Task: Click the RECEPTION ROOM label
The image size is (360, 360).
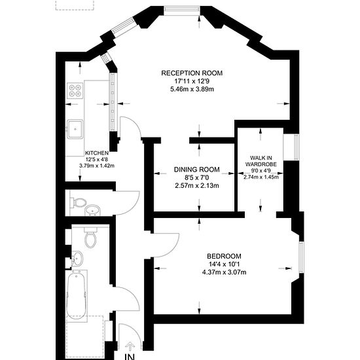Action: (x=192, y=73)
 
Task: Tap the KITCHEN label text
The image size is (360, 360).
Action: (x=97, y=153)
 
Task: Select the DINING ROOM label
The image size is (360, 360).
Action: (x=197, y=170)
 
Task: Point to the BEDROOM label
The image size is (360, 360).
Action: (x=224, y=256)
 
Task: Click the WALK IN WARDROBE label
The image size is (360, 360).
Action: (x=261, y=161)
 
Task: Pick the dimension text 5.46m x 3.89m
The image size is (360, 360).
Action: (x=192, y=89)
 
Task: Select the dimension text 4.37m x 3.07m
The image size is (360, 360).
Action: (x=224, y=272)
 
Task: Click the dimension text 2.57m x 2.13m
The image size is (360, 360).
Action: (x=197, y=185)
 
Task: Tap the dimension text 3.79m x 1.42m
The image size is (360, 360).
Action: (x=97, y=166)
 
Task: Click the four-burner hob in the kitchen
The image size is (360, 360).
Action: (x=75, y=91)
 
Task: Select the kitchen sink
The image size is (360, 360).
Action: (x=75, y=129)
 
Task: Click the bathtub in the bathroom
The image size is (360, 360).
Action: (x=77, y=295)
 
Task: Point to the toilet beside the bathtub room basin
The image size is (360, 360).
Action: (x=90, y=238)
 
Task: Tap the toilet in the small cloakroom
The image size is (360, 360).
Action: (x=79, y=203)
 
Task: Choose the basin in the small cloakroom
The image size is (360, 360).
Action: (x=92, y=210)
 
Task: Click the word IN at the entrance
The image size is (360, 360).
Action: (x=130, y=357)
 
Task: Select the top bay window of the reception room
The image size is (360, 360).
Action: (x=181, y=10)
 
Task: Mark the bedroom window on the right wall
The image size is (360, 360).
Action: (x=302, y=257)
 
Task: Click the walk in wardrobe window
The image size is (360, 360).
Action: (x=297, y=147)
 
